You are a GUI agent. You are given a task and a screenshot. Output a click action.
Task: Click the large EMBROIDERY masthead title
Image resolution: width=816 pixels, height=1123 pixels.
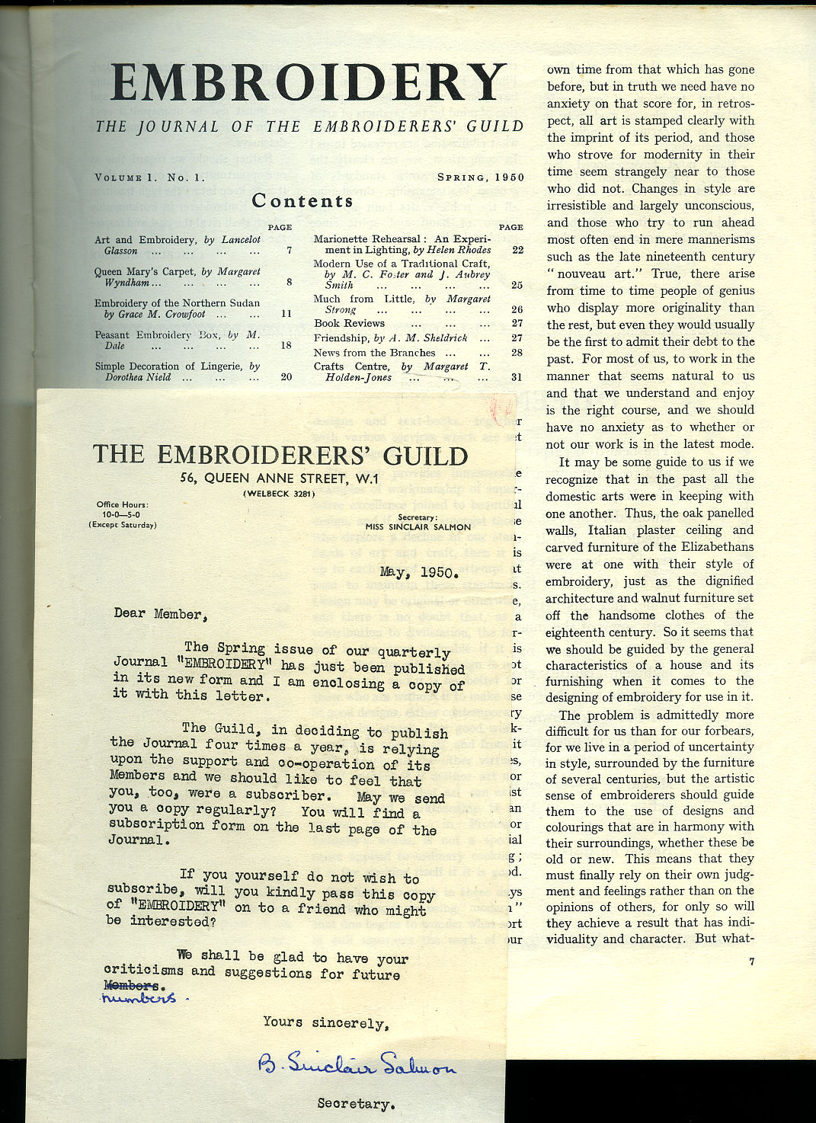click(x=308, y=82)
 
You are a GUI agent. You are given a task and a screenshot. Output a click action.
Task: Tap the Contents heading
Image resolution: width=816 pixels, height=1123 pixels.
click(x=302, y=200)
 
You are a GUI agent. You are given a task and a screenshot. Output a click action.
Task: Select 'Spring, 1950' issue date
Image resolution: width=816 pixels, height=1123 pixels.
click(x=480, y=178)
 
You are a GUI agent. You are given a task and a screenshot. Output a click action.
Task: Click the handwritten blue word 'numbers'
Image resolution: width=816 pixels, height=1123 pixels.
click(x=138, y=997)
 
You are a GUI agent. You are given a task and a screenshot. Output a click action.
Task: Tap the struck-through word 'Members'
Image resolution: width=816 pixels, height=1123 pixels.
click(x=131, y=985)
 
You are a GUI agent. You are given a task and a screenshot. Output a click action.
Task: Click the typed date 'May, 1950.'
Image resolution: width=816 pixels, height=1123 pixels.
click(x=419, y=573)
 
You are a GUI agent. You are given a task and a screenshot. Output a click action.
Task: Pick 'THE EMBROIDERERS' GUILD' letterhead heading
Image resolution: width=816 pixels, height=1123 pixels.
click(x=280, y=455)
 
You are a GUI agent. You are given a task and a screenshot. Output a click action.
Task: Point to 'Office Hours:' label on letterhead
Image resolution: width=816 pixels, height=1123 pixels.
click(x=122, y=504)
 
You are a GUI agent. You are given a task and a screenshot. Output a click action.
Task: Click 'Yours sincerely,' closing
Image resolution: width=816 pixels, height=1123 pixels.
click(x=325, y=1023)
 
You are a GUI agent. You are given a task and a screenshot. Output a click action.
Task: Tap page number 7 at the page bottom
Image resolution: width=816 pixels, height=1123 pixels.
click(x=751, y=961)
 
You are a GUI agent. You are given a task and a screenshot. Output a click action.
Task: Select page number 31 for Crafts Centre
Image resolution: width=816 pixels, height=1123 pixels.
click(x=517, y=377)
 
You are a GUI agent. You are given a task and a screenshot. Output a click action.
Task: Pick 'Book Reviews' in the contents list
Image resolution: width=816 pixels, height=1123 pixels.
click(x=349, y=323)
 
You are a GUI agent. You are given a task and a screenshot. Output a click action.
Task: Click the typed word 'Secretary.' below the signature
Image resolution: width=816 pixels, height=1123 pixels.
click(x=356, y=1103)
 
